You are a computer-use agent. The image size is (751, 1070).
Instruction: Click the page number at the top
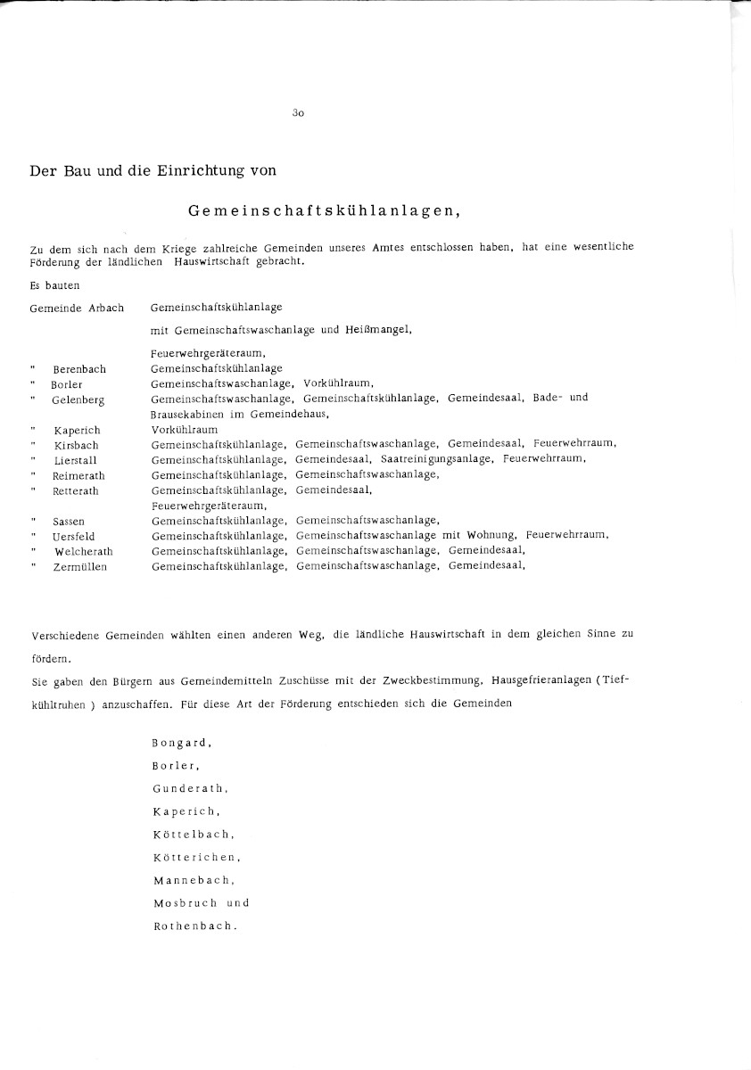pyautogui.click(x=298, y=113)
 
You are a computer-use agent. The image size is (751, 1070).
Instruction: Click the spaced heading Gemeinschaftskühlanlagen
pyautogui.click(x=324, y=211)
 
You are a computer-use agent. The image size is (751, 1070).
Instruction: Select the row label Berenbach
pyautogui.click(x=79, y=369)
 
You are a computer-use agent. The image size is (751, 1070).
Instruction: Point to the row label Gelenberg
pyautogui.click(x=78, y=399)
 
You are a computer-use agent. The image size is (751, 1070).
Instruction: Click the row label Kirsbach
pyautogui.click(x=76, y=445)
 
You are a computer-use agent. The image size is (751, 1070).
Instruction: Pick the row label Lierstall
pyautogui.click(x=76, y=460)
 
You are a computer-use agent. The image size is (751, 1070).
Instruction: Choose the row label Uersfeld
pyautogui.click(x=74, y=537)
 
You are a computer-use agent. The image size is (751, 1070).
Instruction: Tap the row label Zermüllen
pyautogui.click(x=79, y=567)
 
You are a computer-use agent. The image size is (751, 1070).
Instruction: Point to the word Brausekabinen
pyautogui.click(x=187, y=415)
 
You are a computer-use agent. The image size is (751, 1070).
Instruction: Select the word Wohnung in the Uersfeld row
pyautogui.click(x=492, y=536)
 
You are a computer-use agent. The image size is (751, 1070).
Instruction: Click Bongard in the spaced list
pyautogui.click(x=181, y=742)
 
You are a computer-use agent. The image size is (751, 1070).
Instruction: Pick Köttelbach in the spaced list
pyautogui.click(x=193, y=835)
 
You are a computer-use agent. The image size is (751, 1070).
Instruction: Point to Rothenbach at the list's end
pyautogui.click(x=195, y=926)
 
